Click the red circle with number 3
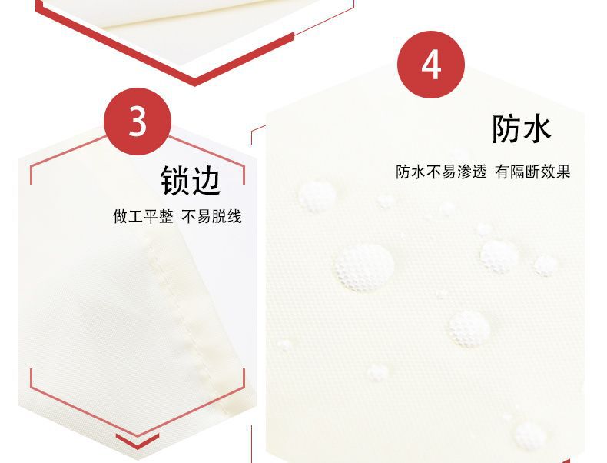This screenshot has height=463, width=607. (x=137, y=122)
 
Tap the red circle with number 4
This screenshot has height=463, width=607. (x=432, y=65)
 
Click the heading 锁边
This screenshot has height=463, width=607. (x=191, y=181)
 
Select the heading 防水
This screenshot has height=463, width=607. (x=522, y=129)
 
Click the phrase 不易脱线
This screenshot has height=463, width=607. (x=211, y=217)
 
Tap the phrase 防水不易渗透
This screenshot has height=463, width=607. (x=441, y=172)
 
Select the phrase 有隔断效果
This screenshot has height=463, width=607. (x=532, y=172)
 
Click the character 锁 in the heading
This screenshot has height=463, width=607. (x=175, y=181)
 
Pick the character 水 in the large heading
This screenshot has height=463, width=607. (x=537, y=129)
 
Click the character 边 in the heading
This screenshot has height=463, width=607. (x=206, y=181)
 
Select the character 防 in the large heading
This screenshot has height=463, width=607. (x=507, y=129)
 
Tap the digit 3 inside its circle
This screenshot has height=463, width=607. (x=137, y=122)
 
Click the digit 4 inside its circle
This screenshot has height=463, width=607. (x=432, y=65)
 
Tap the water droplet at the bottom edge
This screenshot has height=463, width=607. (x=529, y=435)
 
